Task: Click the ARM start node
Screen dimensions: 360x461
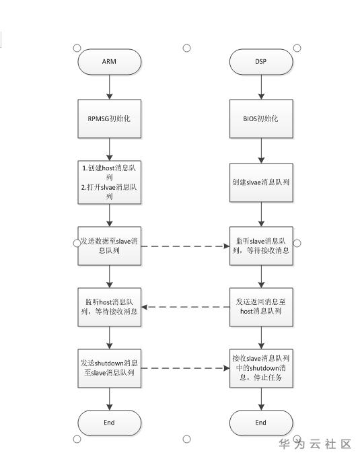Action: pos(109,62)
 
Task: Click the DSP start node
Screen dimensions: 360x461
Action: pos(261,62)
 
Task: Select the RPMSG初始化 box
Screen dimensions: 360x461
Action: pos(109,118)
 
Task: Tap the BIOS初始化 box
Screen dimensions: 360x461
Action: pos(261,118)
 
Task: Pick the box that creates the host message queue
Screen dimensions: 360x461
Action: pos(109,182)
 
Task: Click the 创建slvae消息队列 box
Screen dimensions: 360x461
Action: pos(261,182)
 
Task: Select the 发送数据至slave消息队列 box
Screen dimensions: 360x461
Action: pos(109,246)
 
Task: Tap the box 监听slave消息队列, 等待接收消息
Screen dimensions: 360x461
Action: pos(261,246)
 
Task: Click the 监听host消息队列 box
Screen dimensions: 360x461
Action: pos(109,307)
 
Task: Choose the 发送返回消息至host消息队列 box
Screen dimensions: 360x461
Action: pos(261,307)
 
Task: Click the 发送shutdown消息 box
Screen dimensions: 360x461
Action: pos(109,368)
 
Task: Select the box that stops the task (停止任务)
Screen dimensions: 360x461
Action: pos(261,368)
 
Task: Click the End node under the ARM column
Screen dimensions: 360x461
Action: pos(109,423)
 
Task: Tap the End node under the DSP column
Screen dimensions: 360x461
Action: pos(261,423)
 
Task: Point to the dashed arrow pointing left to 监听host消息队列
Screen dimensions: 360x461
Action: pos(186,307)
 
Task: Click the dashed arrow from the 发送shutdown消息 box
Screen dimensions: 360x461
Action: pos(186,368)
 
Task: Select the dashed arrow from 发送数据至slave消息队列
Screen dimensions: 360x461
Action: pos(186,246)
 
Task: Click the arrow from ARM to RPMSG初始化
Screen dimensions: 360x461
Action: pos(110,87)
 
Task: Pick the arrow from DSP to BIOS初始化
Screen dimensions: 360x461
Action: pos(261,87)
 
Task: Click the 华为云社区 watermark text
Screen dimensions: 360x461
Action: pos(315,444)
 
